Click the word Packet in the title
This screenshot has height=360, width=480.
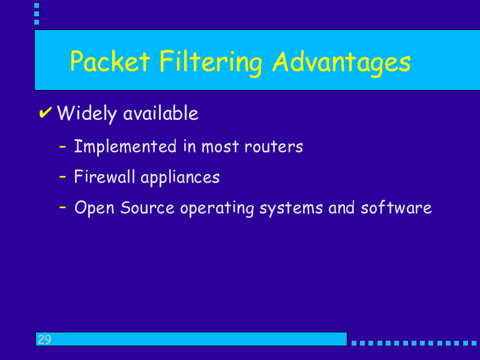(110, 61)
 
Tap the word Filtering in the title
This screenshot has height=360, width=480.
(211, 62)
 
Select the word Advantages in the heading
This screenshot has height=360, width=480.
(341, 63)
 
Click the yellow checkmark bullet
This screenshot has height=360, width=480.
(46, 112)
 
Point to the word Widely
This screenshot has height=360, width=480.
(87, 113)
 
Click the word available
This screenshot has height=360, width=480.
(161, 113)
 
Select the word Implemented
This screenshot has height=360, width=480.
(125, 146)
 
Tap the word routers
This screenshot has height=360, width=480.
(274, 146)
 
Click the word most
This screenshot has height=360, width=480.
(220, 146)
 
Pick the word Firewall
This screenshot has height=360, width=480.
(104, 176)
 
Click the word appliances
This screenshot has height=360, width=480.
(180, 178)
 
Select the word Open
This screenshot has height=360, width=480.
(94, 208)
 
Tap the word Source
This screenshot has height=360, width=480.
(147, 208)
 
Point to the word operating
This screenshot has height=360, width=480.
(217, 209)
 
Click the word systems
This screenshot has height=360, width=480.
(291, 209)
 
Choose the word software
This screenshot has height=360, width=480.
(396, 208)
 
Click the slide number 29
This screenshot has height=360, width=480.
(44, 340)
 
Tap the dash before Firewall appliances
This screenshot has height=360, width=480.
(63, 176)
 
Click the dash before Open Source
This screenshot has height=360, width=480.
(63, 207)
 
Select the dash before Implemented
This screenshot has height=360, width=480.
(63, 146)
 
